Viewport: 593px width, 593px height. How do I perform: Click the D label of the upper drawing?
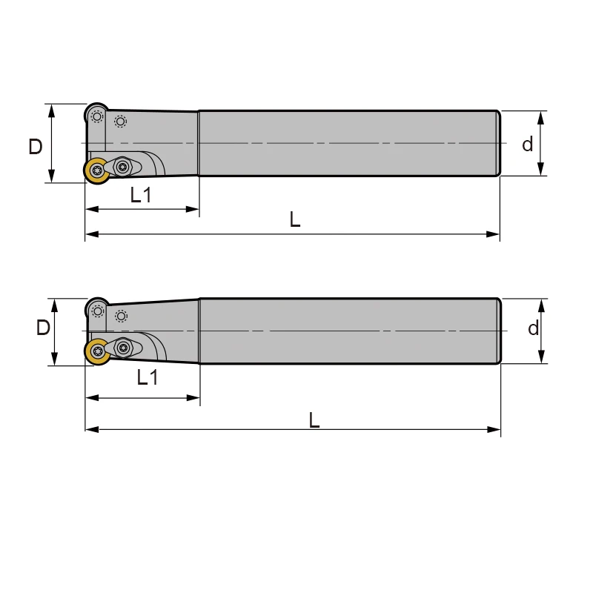tap(35, 147)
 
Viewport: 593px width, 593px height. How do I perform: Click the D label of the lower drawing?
tap(43, 328)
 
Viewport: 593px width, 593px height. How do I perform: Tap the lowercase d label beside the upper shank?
tap(527, 145)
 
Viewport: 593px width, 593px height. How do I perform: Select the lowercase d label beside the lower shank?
tap(533, 328)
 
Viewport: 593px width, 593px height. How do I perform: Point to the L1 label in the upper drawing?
tap(141, 195)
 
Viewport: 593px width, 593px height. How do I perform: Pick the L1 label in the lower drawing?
tap(148, 377)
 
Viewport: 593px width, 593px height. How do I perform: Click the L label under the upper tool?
tap(295, 219)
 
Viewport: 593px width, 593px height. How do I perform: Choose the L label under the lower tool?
tap(314, 420)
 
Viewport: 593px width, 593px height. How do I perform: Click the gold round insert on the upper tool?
tap(96, 170)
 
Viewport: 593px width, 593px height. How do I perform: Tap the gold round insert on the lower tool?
tap(97, 351)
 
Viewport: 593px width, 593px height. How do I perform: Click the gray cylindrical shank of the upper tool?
tap(348, 143)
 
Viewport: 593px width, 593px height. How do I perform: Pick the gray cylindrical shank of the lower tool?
tap(348, 331)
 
